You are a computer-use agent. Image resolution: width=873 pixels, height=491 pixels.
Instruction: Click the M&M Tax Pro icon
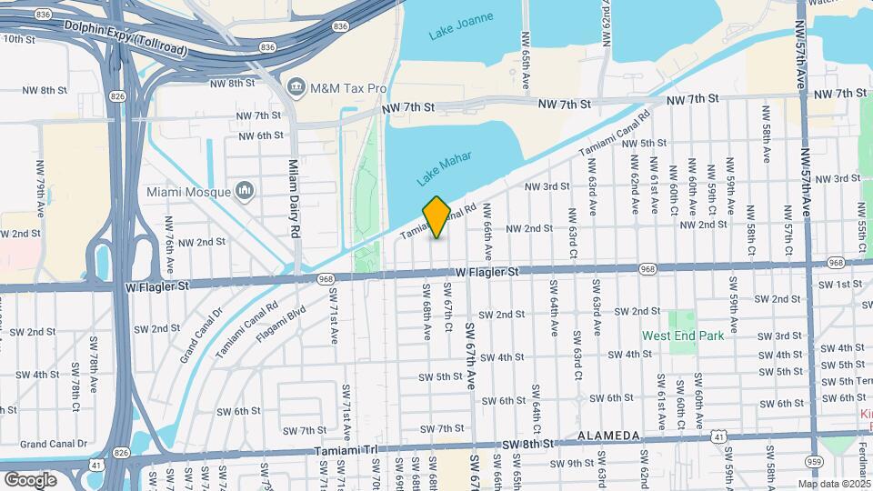[296, 88]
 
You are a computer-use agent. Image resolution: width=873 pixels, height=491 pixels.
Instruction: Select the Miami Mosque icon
[244, 191]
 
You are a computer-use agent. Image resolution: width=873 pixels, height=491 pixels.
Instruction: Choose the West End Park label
[683, 336]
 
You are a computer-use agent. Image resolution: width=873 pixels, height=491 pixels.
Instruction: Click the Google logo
[30, 479]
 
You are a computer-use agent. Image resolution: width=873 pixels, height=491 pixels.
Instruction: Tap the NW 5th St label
[648, 143]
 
